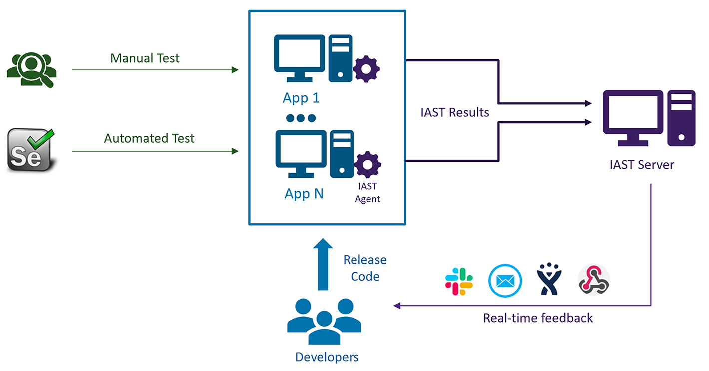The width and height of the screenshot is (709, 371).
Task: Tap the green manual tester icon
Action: click(x=31, y=70)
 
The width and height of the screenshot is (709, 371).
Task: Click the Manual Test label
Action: click(x=145, y=58)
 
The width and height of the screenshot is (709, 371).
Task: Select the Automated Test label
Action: click(x=149, y=138)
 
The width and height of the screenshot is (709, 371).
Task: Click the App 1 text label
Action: click(x=301, y=98)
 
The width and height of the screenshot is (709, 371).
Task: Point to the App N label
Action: click(x=304, y=193)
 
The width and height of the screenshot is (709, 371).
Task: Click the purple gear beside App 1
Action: click(x=366, y=69)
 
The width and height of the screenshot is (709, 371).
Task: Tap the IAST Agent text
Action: click(x=368, y=193)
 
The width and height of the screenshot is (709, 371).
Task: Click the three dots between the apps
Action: click(x=301, y=118)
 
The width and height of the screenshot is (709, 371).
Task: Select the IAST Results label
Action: click(x=455, y=112)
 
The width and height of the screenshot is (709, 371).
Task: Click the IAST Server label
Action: click(x=642, y=165)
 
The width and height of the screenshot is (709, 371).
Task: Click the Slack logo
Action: click(x=459, y=281)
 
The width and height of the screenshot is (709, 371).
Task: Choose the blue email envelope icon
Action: click(x=505, y=281)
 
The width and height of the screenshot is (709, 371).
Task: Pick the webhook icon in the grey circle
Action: click(x=594, y=281)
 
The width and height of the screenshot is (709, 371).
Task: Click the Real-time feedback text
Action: click(x=538, y=318)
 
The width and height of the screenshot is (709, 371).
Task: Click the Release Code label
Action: click(x=365, y=268)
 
